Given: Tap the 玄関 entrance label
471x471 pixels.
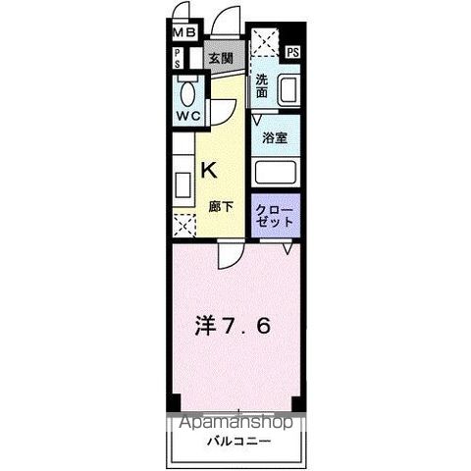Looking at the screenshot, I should [x=220, y=59].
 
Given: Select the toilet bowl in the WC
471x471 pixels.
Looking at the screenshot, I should [x=189, y=93].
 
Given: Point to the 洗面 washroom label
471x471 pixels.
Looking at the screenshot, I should [x=262, y=85].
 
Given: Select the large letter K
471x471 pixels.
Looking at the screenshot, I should [x=210, y=169].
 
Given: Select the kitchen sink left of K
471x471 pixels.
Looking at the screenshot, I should [x=183, y=183].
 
